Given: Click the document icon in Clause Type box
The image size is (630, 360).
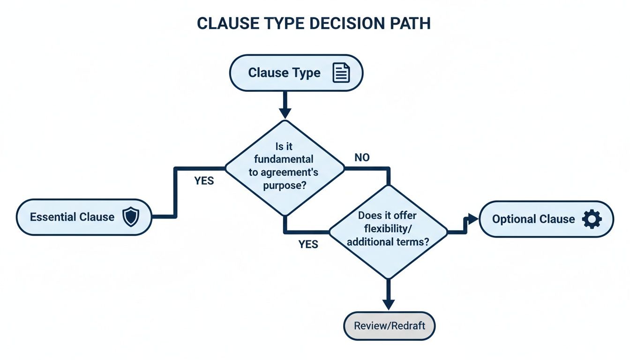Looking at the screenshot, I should point(341,73).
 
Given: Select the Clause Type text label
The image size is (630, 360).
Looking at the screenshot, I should point(284,73).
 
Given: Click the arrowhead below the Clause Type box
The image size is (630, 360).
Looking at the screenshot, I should point(285,112).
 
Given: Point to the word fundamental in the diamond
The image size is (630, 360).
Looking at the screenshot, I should point(285,159).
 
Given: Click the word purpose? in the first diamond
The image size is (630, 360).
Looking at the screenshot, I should point(285,185).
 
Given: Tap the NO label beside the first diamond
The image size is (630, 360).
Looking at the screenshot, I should point(361,158).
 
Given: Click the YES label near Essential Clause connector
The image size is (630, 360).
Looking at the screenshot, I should point(204,181).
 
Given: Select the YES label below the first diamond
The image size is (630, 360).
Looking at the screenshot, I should point(308,244).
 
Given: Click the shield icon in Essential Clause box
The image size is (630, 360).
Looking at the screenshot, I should point(130,217).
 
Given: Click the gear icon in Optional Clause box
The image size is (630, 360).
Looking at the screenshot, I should point(591,219).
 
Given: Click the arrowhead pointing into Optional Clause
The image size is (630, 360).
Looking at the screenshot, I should point(472,219).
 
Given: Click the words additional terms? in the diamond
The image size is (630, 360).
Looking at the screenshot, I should point(389,242).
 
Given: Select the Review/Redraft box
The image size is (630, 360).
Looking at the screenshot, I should point(389,325).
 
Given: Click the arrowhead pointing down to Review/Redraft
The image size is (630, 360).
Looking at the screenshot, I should point(389,304).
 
